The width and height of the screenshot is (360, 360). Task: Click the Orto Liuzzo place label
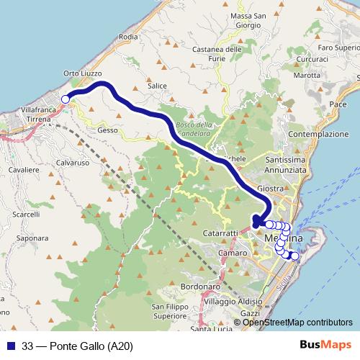click(83, 73)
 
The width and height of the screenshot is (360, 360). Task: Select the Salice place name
click(157, 86)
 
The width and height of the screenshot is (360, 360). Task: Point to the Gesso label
click(107, 130)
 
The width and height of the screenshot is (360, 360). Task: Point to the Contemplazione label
click(318, 134)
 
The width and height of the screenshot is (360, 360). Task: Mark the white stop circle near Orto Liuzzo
click(66, 99)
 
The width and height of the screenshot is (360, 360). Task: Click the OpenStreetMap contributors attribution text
click(297, 322)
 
